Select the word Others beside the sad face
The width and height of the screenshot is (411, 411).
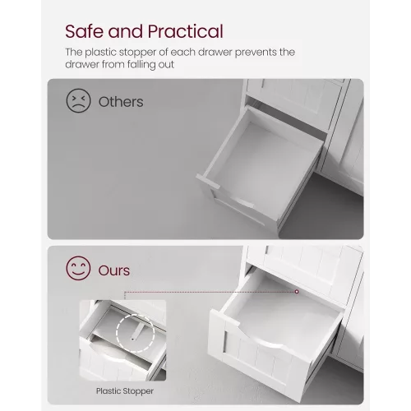[x=121, y=102]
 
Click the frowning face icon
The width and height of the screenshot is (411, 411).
[x=78, y=100]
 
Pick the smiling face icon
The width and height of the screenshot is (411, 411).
[x=78, y=268]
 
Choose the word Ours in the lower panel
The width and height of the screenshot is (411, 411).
[x=114, y=270]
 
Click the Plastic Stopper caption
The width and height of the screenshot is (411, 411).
[x=125, y=391]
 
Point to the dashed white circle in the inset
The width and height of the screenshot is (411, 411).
[x=117, y=333]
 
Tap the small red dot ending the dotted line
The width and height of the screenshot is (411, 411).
[x=297, y=292]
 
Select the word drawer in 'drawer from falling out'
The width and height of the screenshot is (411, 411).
[x=82, y=65]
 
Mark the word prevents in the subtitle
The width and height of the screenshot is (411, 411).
[x=256, y=53]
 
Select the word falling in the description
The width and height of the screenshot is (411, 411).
[x=139, y=65]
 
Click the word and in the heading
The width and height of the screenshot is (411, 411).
[x=126, y=31]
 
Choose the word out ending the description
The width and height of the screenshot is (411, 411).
[x=166, y=65]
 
